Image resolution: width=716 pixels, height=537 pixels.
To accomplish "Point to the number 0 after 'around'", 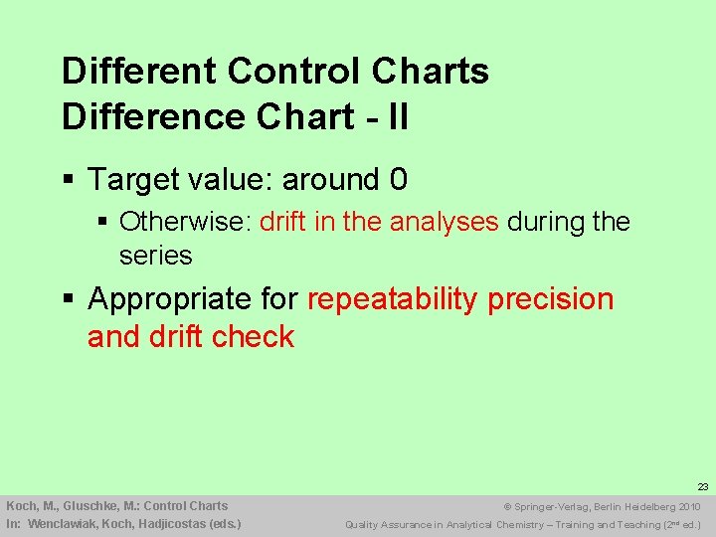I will click(x=398, y=180).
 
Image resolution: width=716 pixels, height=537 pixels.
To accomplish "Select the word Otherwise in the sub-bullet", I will click(x=184, y=221).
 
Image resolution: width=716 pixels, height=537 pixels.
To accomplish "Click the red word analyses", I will click(x=444, y=221).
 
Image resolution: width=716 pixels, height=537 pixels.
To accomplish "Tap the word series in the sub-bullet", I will click(x=155, y=255).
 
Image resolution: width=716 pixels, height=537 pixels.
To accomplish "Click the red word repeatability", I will click(x=392, y=299).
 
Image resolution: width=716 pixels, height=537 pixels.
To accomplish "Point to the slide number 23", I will click(x=702, y=487).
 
